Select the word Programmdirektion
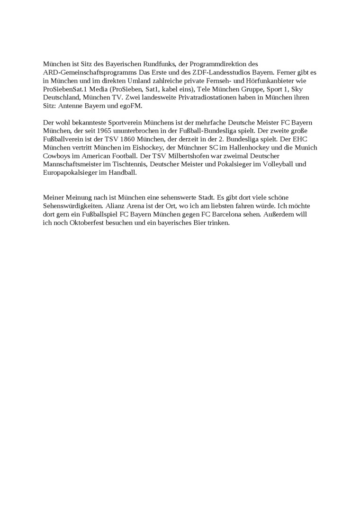[220, 64]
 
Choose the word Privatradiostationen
[193, 98]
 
